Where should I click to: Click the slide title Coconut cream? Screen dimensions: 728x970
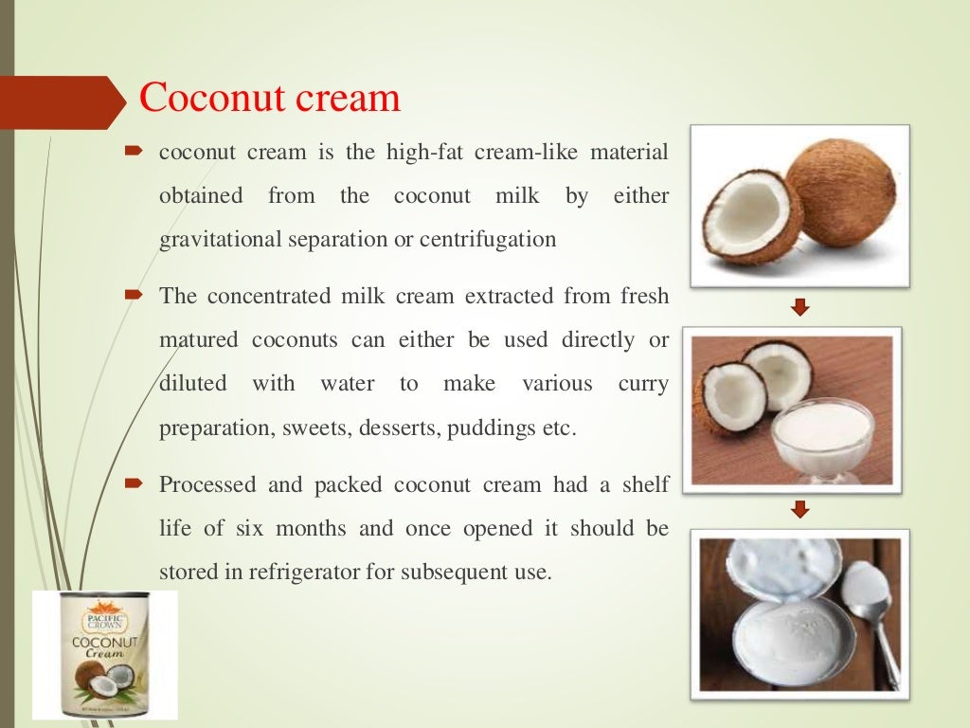pyautogui.click(x=270, y=98)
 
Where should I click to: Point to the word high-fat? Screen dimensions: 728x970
pyautogui.click(x=422, y=153)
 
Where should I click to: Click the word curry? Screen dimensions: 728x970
pyautogui.click(x=643, y=384)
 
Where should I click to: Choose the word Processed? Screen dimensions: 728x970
pyautogui.click(x=207, y=484)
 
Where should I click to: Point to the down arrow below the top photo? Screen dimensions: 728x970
pyautogui.click(x=800, y=306)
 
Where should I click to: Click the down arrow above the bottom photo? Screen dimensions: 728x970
pyautogui.click(x=800, y=510)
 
